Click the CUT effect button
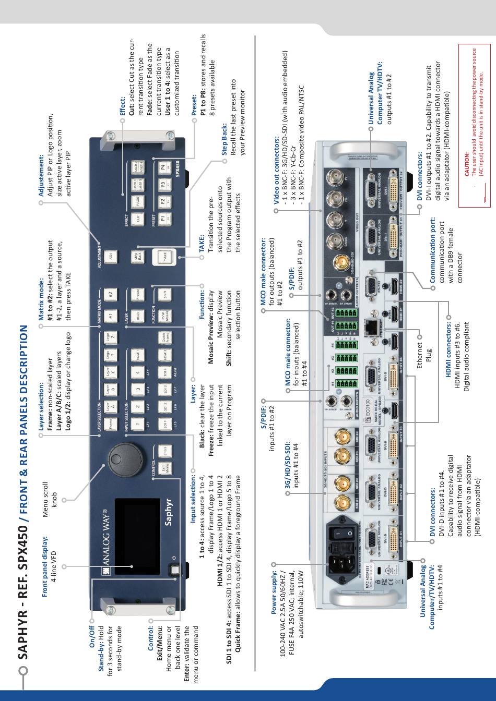pos(137,219)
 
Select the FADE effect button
pos(137,200)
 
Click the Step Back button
pos(137,257)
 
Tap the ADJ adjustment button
pos(110,257)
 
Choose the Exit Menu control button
pos(165,468)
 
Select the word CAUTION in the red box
pos(467,162)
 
